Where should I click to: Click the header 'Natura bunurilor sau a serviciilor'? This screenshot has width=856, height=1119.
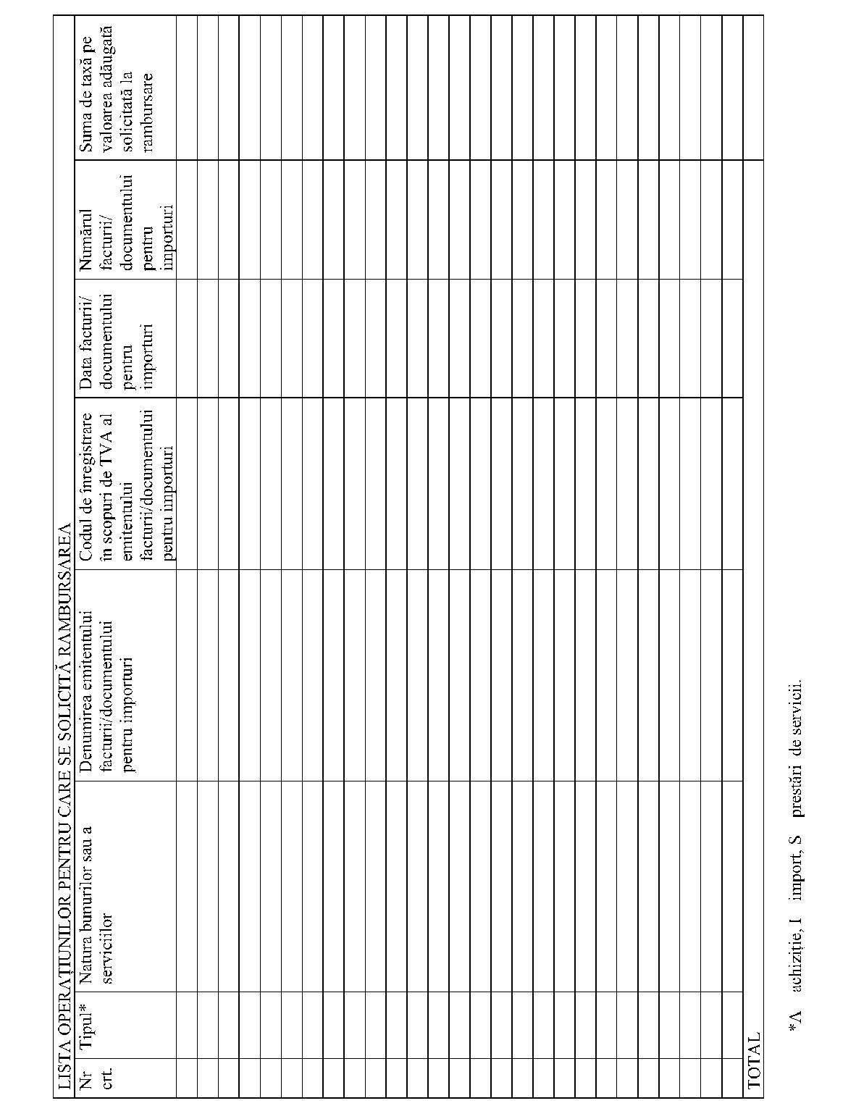click(97, 905)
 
